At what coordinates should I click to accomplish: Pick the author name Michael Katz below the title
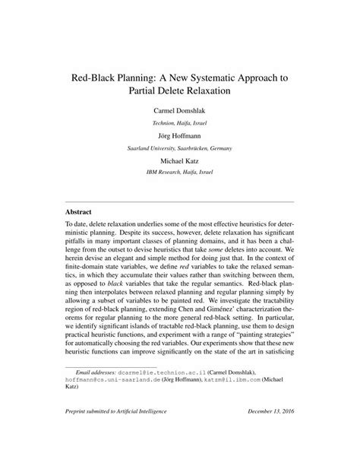179,160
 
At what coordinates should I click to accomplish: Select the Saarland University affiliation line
179,147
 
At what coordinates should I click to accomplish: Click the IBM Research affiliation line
179,173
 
